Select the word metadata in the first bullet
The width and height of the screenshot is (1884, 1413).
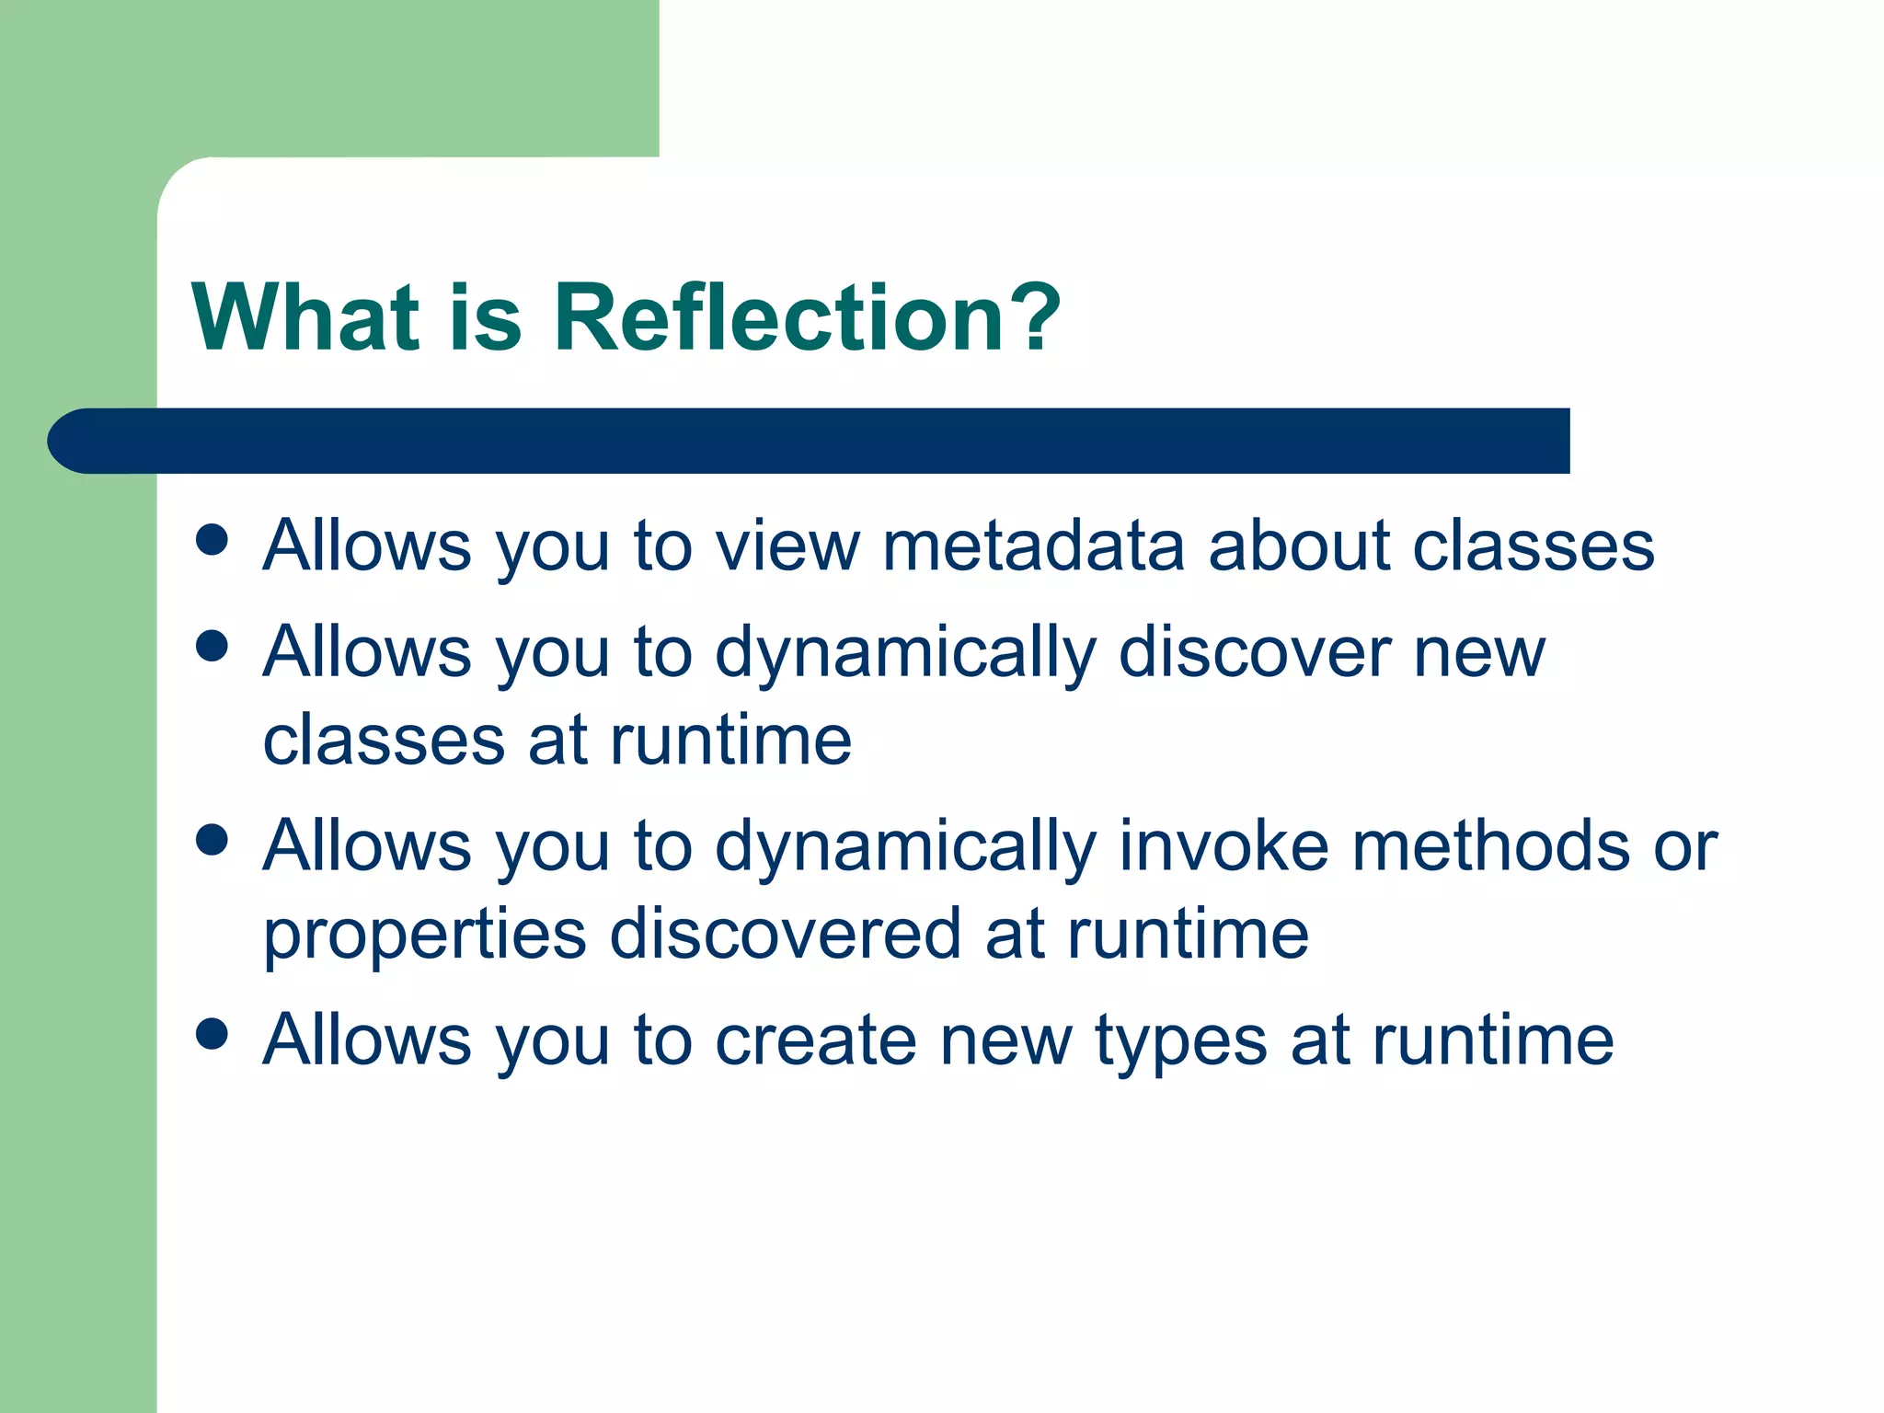coord(1032,546)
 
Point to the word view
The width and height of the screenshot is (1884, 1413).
coord(787,546)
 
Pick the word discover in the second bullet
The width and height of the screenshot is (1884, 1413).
coord(1255,653)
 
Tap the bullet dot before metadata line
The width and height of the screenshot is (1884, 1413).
coord(213,540)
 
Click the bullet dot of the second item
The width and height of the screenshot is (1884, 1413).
coord(213,646)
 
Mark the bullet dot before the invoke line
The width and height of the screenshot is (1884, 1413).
coord(213,840)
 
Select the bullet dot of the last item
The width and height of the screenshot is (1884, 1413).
coord(213,1034)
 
